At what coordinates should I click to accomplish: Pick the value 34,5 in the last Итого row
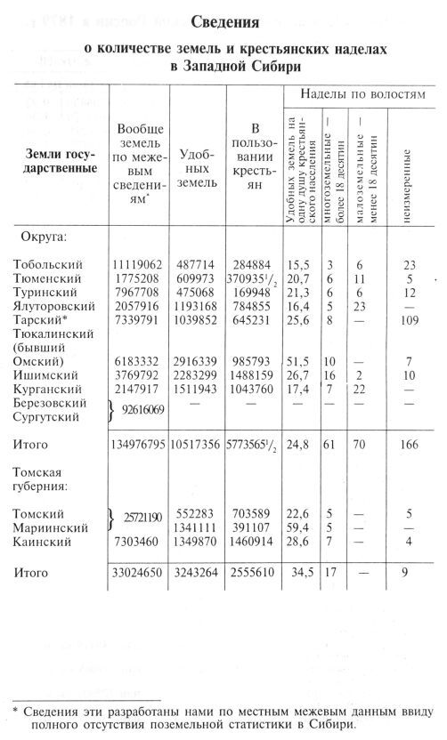(x=299, y=574)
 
